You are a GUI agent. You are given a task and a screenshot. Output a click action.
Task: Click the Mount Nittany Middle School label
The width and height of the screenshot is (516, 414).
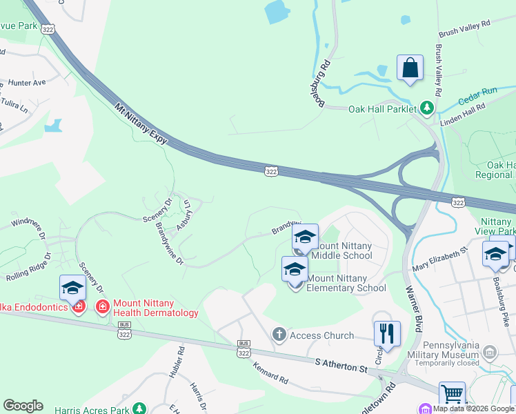(342, 250)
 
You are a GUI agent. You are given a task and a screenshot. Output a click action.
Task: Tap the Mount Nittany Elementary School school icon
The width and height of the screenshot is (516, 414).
(295, 269)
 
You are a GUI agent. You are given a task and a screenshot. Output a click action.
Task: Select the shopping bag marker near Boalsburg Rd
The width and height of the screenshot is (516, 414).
(410, 68)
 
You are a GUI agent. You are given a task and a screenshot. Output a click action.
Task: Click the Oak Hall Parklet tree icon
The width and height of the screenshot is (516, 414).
(427, 108)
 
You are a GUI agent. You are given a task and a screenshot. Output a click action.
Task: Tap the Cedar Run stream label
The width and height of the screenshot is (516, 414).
(477, 91)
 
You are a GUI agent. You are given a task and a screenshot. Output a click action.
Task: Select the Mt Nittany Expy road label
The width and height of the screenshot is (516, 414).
(141, 124)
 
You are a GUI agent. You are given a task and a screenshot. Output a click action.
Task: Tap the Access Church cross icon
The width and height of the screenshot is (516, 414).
(279, 335)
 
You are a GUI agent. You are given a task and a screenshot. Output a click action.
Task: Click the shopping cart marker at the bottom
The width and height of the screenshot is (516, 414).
(452, 394)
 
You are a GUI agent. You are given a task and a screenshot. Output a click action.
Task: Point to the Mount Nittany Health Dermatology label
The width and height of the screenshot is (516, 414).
(155, 308)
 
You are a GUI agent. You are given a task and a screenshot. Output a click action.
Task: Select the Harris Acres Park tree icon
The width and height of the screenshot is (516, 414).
(140, 408)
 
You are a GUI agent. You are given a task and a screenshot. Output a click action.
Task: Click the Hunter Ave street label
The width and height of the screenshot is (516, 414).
(27, 82)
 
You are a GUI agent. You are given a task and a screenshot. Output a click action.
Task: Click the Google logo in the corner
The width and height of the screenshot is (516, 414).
(23, 406)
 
